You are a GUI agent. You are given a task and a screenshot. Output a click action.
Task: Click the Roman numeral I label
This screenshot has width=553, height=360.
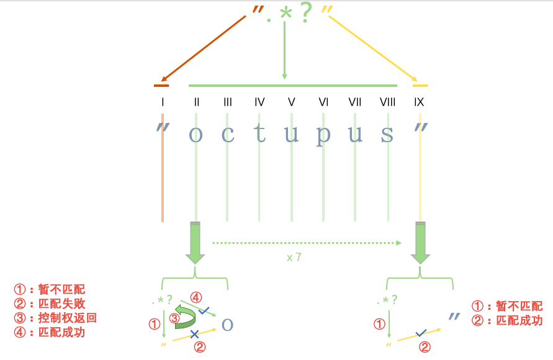pyautogui.click(x=162, y=102)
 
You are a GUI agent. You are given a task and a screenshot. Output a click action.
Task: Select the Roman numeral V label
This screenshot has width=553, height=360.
pyautogui.click(x=291, y=102)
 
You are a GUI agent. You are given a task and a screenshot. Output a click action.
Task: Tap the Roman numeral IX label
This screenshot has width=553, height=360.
pyautogui.click(x=419, y=102)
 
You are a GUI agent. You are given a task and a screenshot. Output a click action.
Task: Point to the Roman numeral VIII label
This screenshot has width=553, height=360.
pyautogui.click(x=388, y=102)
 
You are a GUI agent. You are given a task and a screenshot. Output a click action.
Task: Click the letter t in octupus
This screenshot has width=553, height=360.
pyautogui.click(x=259, y=133)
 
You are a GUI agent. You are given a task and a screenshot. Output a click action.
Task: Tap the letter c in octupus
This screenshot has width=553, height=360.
pyautogui.click(x=228, y=134)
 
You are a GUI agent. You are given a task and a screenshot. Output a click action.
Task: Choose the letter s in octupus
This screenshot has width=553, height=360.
pyautogui.click(x=387, y=134)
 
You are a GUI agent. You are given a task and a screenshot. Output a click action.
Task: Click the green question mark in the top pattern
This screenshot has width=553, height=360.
pyautogui.click(x=305, y=14)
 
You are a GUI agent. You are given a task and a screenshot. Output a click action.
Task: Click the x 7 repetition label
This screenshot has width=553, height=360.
pyautogui.click(x=294, y=257)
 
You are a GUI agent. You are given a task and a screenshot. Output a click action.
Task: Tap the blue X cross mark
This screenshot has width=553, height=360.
pyautogui.click(x=194, y=334)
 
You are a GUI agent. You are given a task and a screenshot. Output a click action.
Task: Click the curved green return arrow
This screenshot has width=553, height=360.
pyautogui.click(x=185, y=315)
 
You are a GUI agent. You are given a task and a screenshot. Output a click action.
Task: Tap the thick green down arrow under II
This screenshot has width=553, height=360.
pyautogui.click(x=196, y=243)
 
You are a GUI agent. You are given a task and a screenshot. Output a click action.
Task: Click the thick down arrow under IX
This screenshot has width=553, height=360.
pyautogui.click(x=420, y=243)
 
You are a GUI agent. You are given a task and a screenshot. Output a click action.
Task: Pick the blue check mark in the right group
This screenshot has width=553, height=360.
pyautogui.click(x=421, y=333)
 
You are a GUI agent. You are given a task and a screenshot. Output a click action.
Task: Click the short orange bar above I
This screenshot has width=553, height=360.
pyautogui.click(x=161, y=85)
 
